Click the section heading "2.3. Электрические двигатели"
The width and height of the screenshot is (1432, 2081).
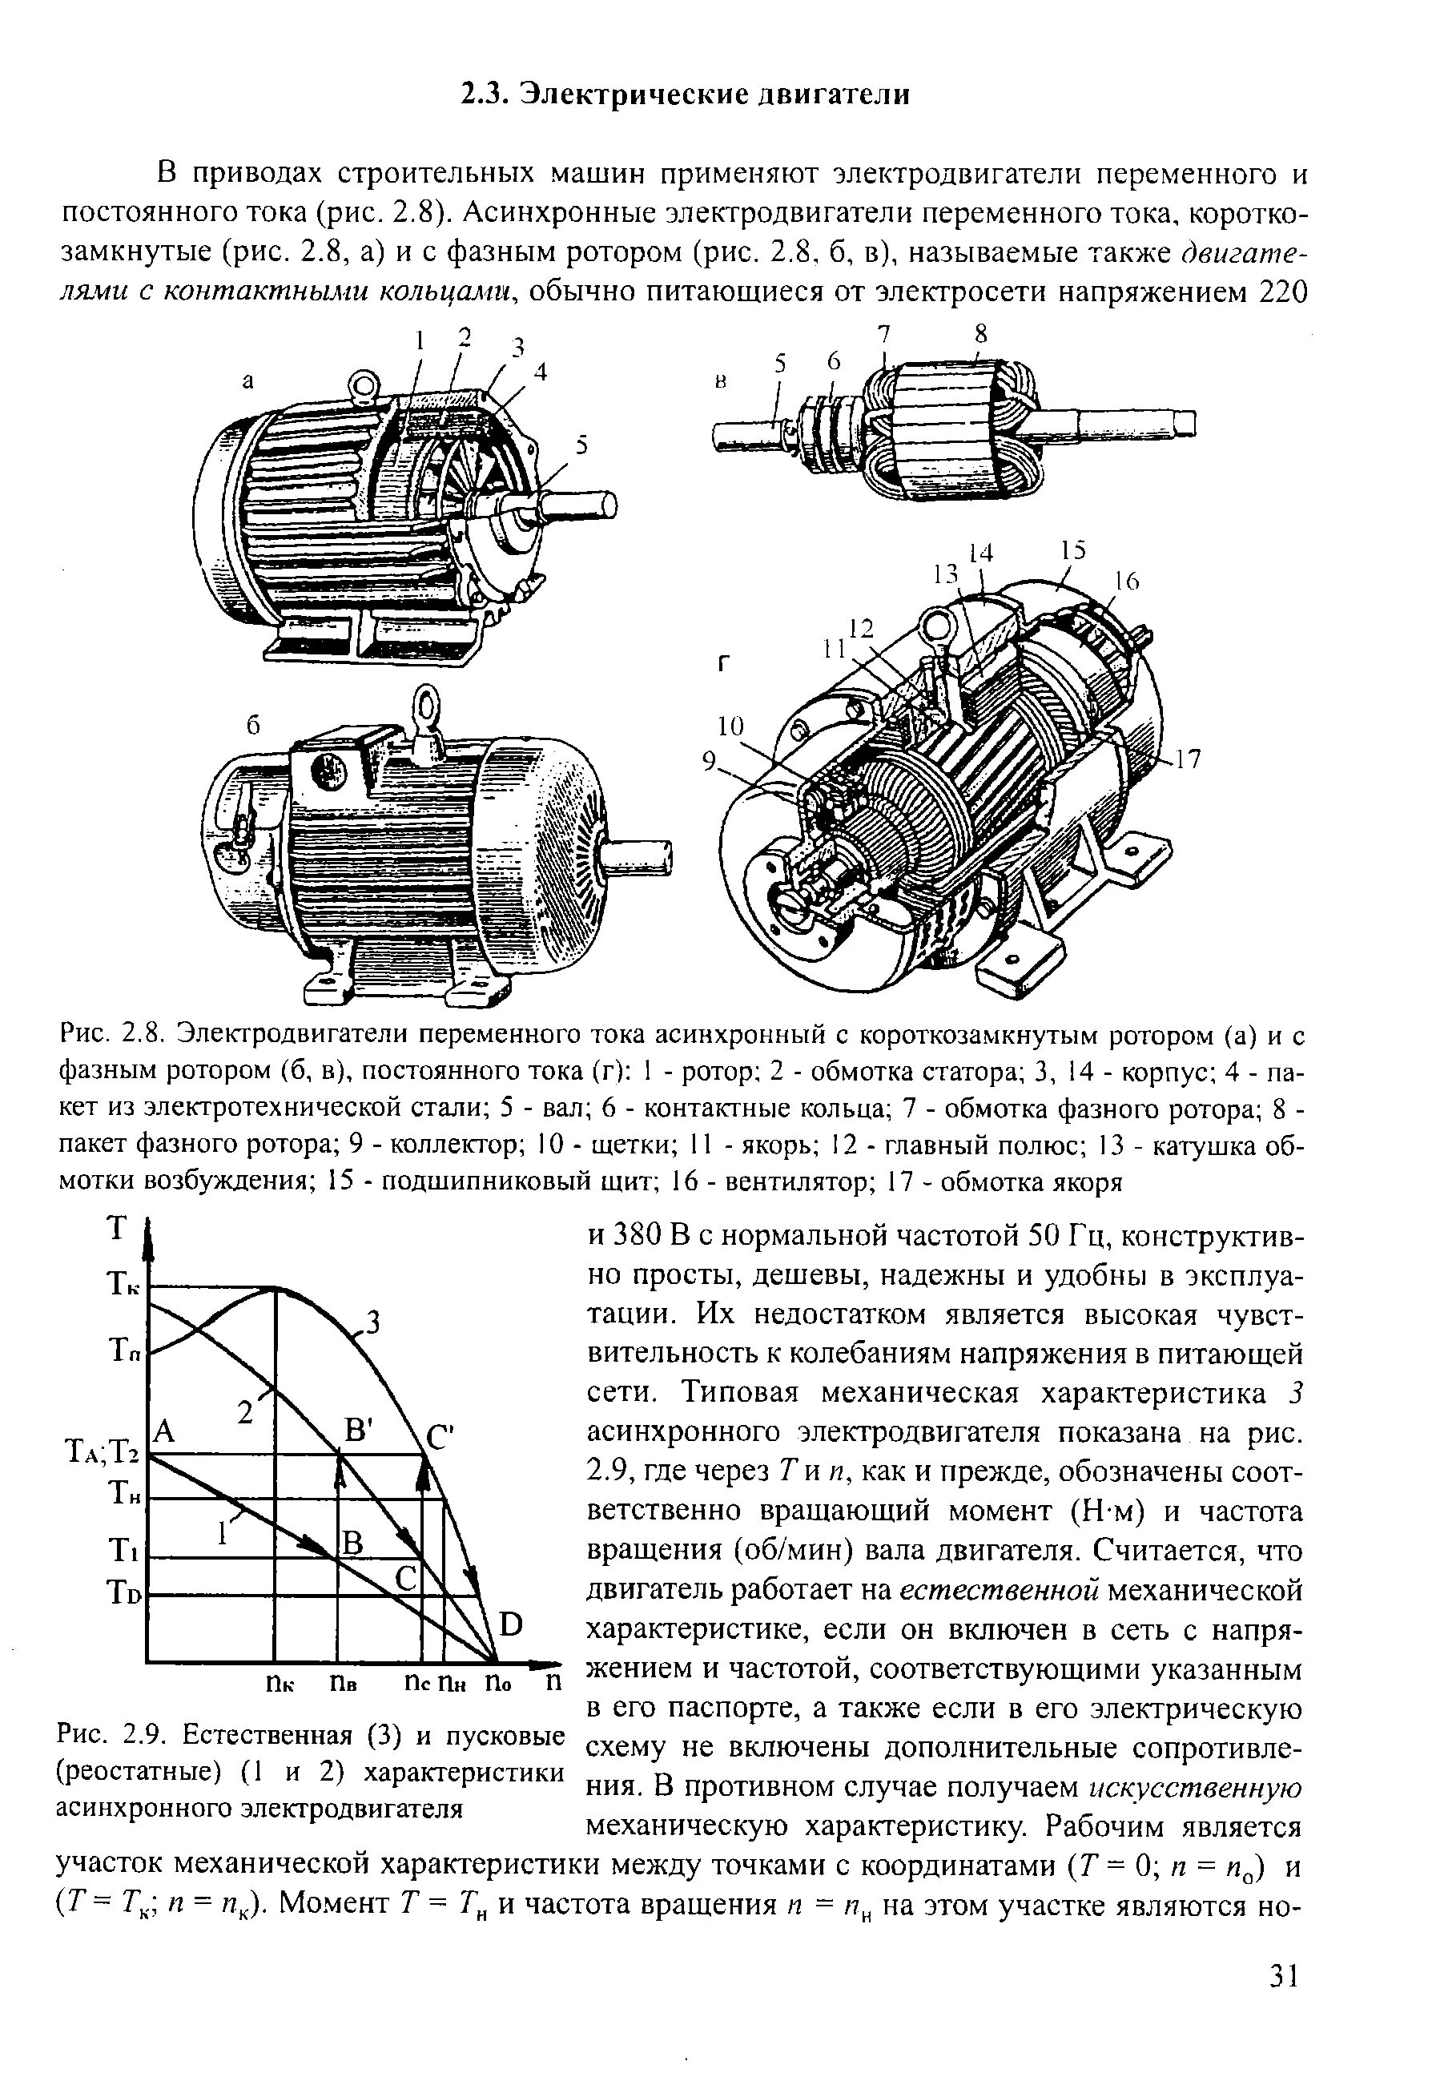coord(685,94)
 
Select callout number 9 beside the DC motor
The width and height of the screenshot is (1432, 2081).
coord(710,761)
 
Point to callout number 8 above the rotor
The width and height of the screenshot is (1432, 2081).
coord(980,334)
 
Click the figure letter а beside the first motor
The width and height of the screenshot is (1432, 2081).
coord(248,380)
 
